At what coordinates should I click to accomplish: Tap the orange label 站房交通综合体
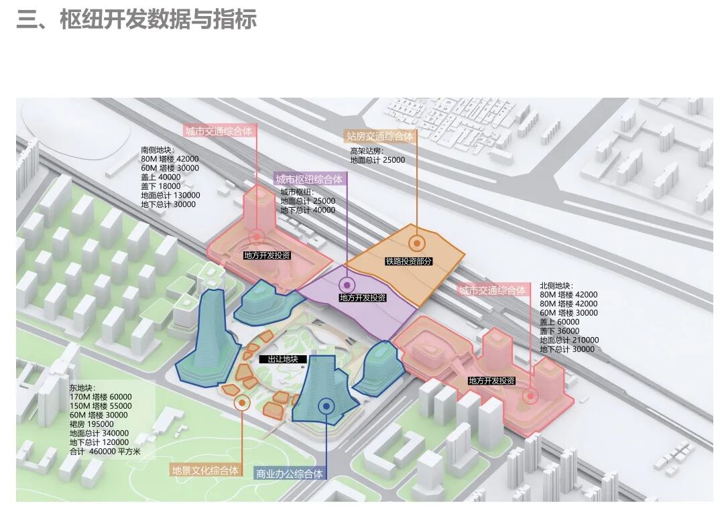pyautogui.click(x=379, y=136)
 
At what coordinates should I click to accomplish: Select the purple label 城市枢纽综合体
pyautogui.click(x=309, y=180)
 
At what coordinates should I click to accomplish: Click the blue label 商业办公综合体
pyautogui.click(x=290, y=474)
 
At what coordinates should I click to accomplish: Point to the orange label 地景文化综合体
pyautogui.click(x=206, y=470)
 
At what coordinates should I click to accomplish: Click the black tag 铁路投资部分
pyautogui.click(x=408, y=261)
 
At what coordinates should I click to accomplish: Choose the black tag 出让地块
pyautogui.click(x=282, y=359)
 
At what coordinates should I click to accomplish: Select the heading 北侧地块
pyautogui.click(x=556, y=285)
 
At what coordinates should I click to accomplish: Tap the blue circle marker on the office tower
pyautogui.click(x=326, y=405)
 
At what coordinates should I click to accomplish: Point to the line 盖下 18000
pyautogui.click(x=161, y=186)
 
